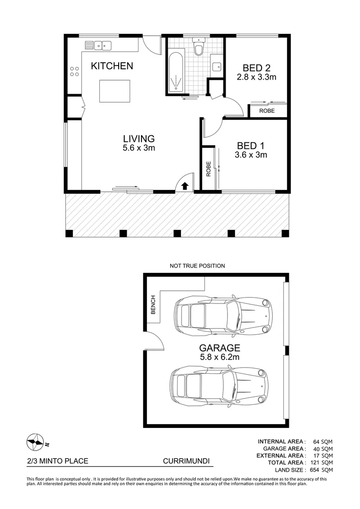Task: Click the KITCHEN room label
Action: tap(112, 66)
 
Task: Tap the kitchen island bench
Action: tap(115, 91)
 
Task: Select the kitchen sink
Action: tap(103, 46)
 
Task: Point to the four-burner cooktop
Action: tap(74, 71)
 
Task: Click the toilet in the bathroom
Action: tap(198, 48)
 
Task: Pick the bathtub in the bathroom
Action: tap(176, 72)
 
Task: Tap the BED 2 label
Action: tap(256, 68)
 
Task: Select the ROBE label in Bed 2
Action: tap(268, 111)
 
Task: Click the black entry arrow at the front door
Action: tap(185, 186)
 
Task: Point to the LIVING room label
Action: tap(139, 139)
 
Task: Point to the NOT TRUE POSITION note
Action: tap(197, 266)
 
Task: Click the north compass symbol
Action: tap(35, 441)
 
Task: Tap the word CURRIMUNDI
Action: tap(186, 462)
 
